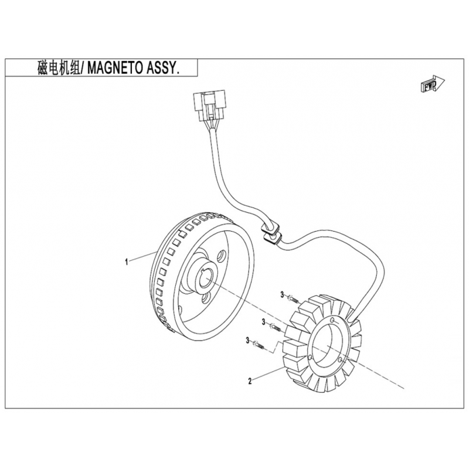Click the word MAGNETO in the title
[114, 68]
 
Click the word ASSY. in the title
[163, 68]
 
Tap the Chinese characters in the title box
[59, 68]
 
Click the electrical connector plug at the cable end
[209, 106]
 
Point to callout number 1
[127, 262]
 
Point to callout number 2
[250, 381]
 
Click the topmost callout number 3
[282, 295]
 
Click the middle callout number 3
[263, 322]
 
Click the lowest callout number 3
[247, 341]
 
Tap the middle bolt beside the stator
[275, 327]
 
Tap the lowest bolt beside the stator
[259, 345]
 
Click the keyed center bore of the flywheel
[205, 277]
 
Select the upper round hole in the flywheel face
[222, 256]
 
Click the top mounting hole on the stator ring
[332, 320]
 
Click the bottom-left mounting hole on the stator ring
[310, 358]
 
